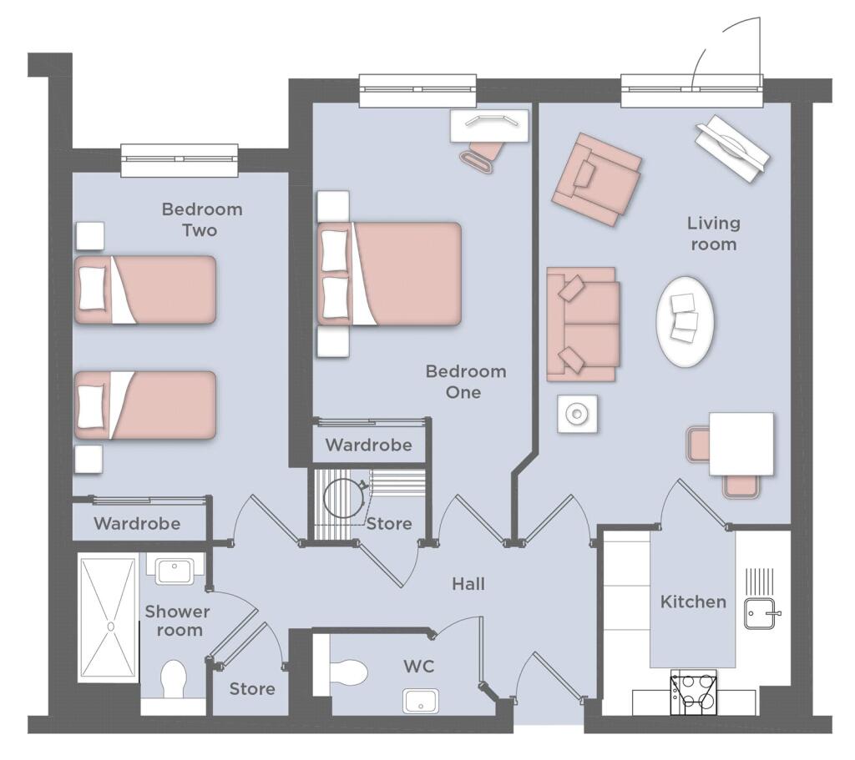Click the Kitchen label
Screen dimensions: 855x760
(693, 601)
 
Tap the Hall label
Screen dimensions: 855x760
(468, 584)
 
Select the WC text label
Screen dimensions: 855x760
(419, 667)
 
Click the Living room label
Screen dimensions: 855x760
(714, 234)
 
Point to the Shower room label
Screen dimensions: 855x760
(178, 621)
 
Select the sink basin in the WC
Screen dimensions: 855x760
(421, 701)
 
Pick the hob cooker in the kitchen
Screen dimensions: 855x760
(694, 692)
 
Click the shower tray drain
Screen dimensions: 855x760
(111, 627)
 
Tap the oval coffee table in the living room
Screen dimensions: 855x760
(686, 321)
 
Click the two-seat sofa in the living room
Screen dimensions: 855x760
(583, 325)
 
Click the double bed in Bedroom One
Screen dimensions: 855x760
(389, 274)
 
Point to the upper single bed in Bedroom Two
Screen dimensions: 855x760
(145, 289)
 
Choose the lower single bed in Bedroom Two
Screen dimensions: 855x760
(145, 405)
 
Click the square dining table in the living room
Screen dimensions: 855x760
(741, 444)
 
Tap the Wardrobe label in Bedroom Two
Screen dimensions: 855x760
(137, 524)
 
